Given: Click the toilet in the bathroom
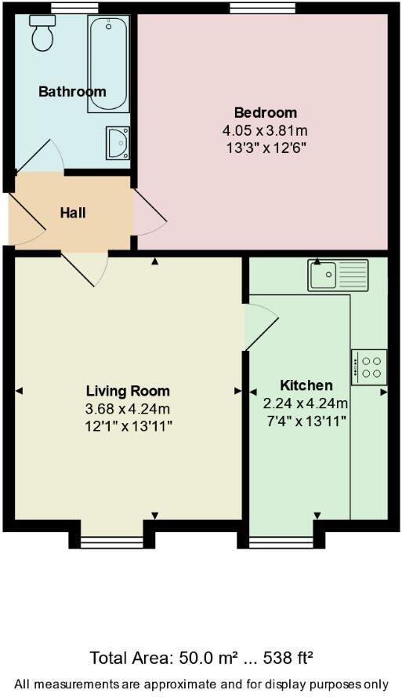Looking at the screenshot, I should [x=42, y=33].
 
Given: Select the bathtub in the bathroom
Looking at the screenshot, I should [x=108, y=63].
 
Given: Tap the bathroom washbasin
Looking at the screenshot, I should [x=118, y=143].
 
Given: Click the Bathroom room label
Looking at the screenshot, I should [x=72, y=92].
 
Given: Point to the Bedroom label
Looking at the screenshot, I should [x=266, y=111].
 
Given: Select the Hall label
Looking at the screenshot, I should [x=73, y=213].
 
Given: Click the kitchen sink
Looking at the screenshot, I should [x=337, y=275].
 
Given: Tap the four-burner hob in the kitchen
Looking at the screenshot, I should [x=369, y=367].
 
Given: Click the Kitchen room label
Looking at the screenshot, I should [x=306, y=385].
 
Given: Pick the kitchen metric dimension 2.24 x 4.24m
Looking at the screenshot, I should [x=306, y=403].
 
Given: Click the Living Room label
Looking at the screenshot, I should [x=128, y=391].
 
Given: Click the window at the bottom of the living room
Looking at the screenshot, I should [x=111, y=540].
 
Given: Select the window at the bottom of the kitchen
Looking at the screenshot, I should [x=281, y=540].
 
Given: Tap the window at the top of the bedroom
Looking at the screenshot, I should [x=263, y=8].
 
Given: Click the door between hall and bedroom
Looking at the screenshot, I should [x=149, y=212].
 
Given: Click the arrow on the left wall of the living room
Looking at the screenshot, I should [x=20, y=390].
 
